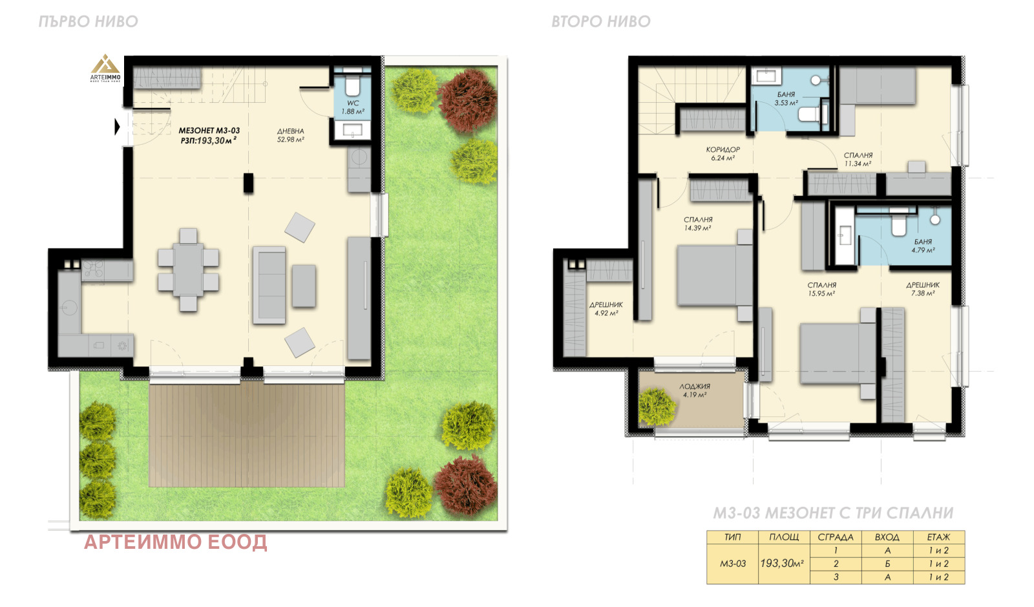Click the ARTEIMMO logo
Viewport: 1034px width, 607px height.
point(105,69)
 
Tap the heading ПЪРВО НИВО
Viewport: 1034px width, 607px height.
point(88,22)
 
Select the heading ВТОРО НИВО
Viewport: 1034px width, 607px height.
point(601,22)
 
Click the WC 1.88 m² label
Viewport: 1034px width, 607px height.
point(353,107)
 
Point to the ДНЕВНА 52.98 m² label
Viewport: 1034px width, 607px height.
point(290,135)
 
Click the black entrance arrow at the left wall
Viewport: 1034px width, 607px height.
point(117,127)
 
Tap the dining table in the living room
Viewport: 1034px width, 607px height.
point(188,270)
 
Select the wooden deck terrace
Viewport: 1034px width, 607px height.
point(247,434)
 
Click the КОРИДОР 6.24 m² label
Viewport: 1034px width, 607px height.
point(723,154)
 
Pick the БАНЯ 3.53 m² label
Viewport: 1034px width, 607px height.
point(786,98)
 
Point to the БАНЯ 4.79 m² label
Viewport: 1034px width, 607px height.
point(923,246)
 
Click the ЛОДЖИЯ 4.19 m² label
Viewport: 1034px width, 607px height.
point(694,390)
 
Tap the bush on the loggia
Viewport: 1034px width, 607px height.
point(657,407)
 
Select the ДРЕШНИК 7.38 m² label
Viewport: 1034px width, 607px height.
point(923,290)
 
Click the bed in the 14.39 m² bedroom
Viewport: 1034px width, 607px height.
point(715,275)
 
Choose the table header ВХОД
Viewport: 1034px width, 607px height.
point(887,537)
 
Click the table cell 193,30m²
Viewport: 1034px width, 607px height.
point(783,564)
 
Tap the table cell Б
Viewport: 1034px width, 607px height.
point(887,564)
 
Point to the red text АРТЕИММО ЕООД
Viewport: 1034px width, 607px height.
point(175,542)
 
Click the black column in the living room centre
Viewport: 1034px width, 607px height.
point(248,183)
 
